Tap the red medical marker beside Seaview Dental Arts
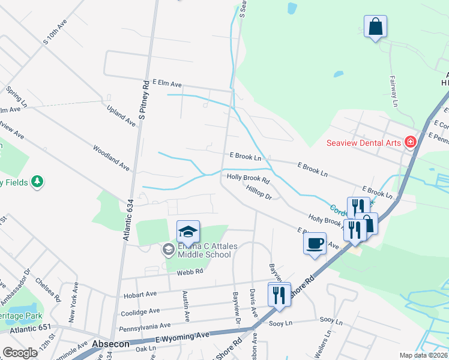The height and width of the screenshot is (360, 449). point(411,142)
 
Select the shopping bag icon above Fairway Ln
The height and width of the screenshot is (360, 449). point(375,27)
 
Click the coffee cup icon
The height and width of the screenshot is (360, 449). point(315,244)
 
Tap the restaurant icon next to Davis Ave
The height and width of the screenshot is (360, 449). point(279,295)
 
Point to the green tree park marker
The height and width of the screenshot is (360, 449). point(37,181)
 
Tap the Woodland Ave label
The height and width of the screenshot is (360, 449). point(111,157)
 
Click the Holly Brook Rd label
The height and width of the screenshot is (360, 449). point(248,178)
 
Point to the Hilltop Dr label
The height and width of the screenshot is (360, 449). point(259,192)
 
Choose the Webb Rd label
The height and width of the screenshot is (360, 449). point(190,272)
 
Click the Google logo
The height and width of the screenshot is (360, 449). point(20,353)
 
